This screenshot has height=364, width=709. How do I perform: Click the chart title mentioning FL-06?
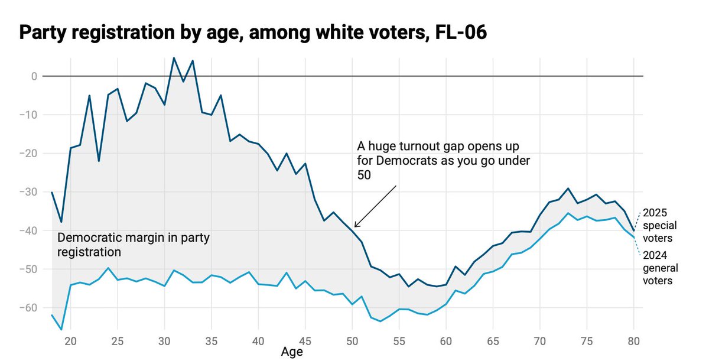click(x=253, y=33)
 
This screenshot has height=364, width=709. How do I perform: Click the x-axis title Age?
click(x=292, y=353)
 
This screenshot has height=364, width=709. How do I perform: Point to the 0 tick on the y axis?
click(x=34, y=76)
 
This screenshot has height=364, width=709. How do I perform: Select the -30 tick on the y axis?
click(x=29, y=192)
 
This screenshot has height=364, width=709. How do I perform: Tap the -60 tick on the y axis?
click(x=29, y=308)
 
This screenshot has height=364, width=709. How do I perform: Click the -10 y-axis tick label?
click(x=29, y=115)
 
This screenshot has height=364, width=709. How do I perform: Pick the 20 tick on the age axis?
click(x=70, y=341)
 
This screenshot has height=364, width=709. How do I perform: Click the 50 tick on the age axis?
click(x=352, y=341)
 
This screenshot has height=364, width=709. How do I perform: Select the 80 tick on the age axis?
click(x=633, y=341)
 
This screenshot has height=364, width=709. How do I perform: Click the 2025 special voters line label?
click(x=660, y=225)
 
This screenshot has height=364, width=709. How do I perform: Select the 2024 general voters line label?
click(x=660, y=268)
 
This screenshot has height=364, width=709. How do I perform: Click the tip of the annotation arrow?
click(x=354, y=227)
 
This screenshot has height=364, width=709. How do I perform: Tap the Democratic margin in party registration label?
click(x=134, y=245)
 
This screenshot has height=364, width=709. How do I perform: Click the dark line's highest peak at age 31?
click(x=174, y=58)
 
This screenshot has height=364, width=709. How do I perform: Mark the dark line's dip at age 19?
click(x=61, y=222)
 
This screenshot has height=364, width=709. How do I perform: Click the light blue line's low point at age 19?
click(x=61, y=330)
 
